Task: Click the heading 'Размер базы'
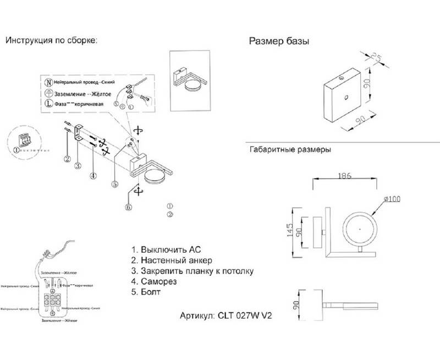279,42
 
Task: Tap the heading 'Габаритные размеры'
290,149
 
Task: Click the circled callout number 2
67,159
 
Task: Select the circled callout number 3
79,165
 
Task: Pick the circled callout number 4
94,176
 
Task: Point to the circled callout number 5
114,185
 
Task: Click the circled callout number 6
129,207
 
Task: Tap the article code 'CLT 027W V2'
245,317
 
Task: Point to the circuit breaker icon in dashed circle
25,140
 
